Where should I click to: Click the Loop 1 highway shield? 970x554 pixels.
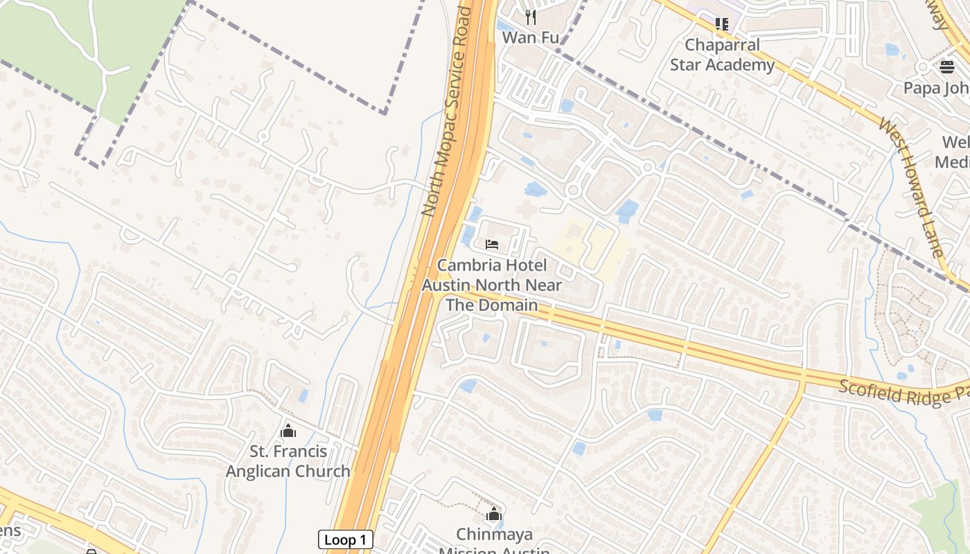345,540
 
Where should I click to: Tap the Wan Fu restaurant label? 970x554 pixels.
530,37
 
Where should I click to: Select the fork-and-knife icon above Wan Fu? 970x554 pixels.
531,17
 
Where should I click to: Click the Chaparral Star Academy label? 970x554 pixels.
722,55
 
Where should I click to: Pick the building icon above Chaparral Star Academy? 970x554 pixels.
722,24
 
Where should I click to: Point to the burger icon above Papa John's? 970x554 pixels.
947,66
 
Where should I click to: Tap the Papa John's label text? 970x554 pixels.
935,88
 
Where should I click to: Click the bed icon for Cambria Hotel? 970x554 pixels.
492,244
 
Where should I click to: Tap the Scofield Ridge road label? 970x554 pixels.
901,393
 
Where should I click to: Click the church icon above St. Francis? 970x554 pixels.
288,431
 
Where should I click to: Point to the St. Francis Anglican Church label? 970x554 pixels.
288,461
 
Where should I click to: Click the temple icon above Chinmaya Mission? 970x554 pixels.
493,514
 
